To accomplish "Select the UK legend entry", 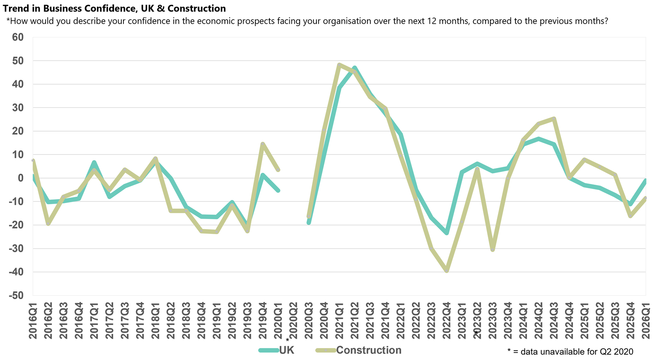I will [x=286, y=350].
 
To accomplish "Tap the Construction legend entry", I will [x=368, y=350].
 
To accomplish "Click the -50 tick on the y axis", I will [x=16, y=295].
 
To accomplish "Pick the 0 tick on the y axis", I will [x=20, y=178].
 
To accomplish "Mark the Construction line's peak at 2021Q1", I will [x=339, y=65].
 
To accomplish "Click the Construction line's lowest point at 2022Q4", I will [x=446, y=271].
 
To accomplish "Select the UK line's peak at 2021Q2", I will [x=354, y=67].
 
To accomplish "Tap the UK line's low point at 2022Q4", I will [x=446, y=233].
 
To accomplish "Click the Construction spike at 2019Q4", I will [x=262, y=144].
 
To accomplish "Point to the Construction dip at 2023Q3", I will [x=493, y=250].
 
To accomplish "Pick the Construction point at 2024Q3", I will [x=554, y=119].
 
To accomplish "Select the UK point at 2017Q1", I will [x=94, y=162].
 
